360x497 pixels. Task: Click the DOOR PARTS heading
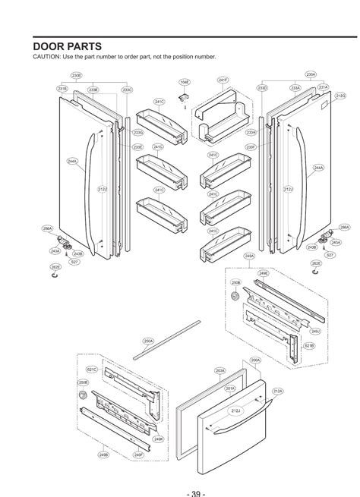tap(66, 46)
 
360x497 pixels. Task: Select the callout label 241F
tap(223, 79)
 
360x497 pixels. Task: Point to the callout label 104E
tap(185, 82)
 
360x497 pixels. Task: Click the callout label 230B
tap(77, 76)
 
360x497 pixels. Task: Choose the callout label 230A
tap(311, 74)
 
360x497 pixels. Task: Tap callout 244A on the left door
tap(72, 162)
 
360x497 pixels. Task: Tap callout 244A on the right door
tap(318, 167)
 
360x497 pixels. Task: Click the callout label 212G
tap(340, 96)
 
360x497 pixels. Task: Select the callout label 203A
tap(219, 370)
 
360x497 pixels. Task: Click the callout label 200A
tap(255, 360)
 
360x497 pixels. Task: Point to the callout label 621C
tap(92, 370)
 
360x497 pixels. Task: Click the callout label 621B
tap(309, 345)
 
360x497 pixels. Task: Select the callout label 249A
tap(248, 256)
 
